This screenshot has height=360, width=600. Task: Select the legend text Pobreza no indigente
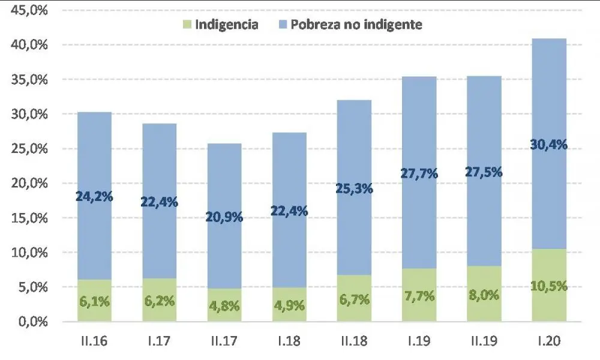[x=356, y=25]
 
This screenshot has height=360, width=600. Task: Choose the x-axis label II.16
[x=94, y=343]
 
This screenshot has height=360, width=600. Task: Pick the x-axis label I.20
[x=549, y=343]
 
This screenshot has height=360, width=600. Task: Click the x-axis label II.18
[x=354, y=343]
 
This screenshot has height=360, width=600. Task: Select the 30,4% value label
[x=548, y=145]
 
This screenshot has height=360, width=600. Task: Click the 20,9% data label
[x=224, y=217]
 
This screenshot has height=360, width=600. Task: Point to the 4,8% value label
[x=224, y=306]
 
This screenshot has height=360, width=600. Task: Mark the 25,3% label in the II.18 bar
[x=354, y=188]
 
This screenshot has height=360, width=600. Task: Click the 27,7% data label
[x=419, y=174]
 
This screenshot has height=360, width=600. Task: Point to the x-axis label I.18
[x=289, y=343]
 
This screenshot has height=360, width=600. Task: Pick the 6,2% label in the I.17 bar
[x=159, y=301]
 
